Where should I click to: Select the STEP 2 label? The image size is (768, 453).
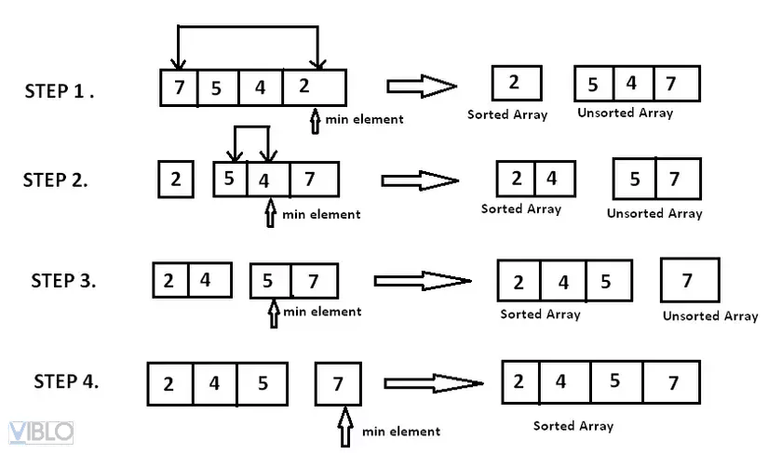[x=56, y=180]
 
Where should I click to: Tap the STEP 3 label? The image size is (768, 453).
[x=63, y=280]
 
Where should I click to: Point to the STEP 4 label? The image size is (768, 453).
[x=66, y=381]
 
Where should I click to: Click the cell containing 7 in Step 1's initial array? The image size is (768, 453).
[x=179, y=88]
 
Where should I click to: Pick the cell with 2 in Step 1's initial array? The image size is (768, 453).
[x=315, y=88]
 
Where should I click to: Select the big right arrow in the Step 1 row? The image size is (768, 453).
[x=422, y=87]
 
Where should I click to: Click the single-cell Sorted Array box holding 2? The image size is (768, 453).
[x=516, y=83]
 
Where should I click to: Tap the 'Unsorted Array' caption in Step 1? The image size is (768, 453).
[x=625, y=113]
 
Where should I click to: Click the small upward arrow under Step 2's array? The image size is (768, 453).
[x=271, y=215]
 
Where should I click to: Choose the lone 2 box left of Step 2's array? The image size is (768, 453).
[x=175, y=179]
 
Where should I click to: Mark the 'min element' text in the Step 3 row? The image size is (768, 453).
[x=322, y=312]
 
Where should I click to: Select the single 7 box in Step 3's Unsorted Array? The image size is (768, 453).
[x=689, y=281]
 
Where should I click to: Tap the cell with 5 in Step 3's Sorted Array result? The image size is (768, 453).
[x=606, y=281]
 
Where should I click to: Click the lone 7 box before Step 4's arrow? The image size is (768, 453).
[x=338, y=383]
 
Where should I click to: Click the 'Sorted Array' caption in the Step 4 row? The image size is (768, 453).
[x=573, y=426]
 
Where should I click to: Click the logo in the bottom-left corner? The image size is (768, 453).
[x=41, y=433]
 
